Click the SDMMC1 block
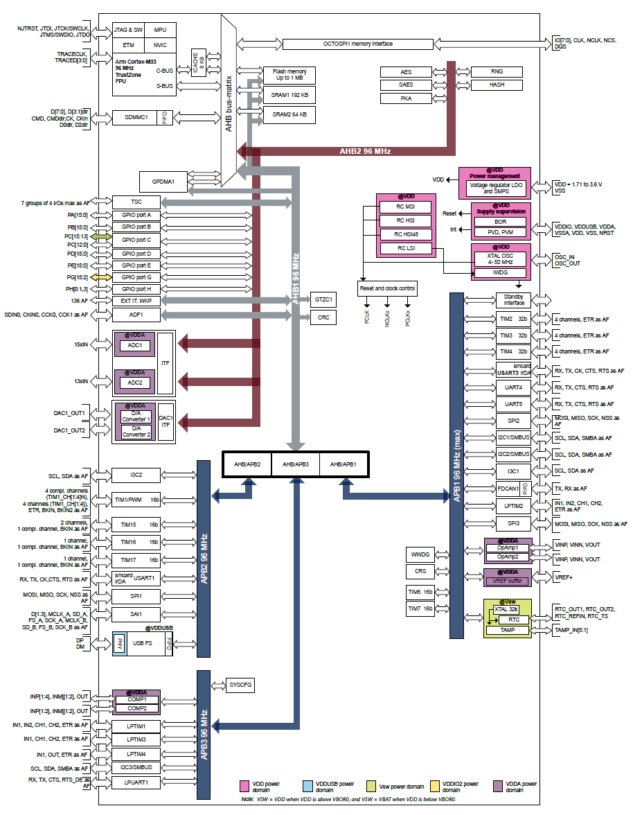[x=136, y=118]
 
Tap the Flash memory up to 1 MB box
[x=289, y=74]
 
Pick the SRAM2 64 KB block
[x=289, y=114]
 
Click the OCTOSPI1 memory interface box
[x=358, y=44]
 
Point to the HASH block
[x=497, y=85]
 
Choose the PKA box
[x=407, y=98]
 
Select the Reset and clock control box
[x=387, y=288]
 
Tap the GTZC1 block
[x=323, y=299]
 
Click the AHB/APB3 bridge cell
[x=295, y=464]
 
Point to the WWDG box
[x=420, y=554]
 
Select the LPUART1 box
[x=136, y=782]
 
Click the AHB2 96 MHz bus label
[x=365, y=151]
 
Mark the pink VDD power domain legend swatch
[x=244, y=786]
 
